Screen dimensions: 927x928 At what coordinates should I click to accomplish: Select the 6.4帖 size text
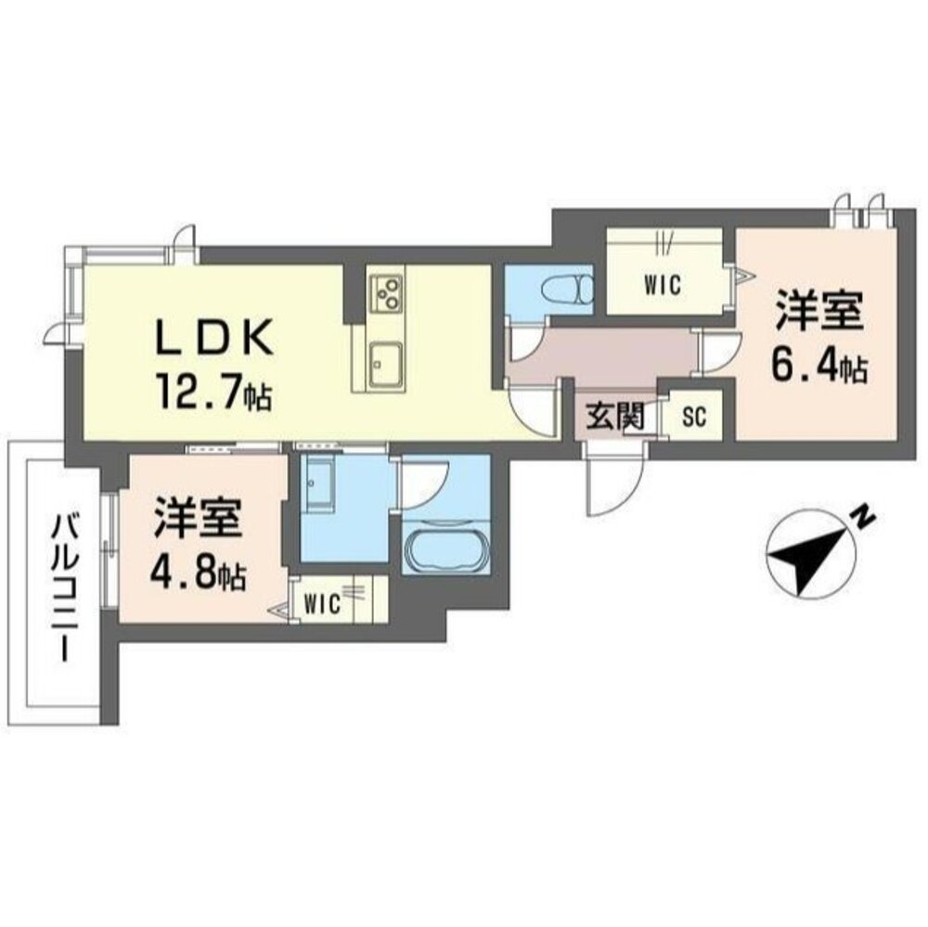click(818, 367)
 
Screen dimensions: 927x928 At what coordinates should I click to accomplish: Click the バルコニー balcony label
click(64, 590)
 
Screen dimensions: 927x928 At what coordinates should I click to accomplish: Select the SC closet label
click(694, 418)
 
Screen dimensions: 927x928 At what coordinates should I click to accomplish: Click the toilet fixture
click(576, 288)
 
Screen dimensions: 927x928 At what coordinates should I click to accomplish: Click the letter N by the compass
click(863, 516)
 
